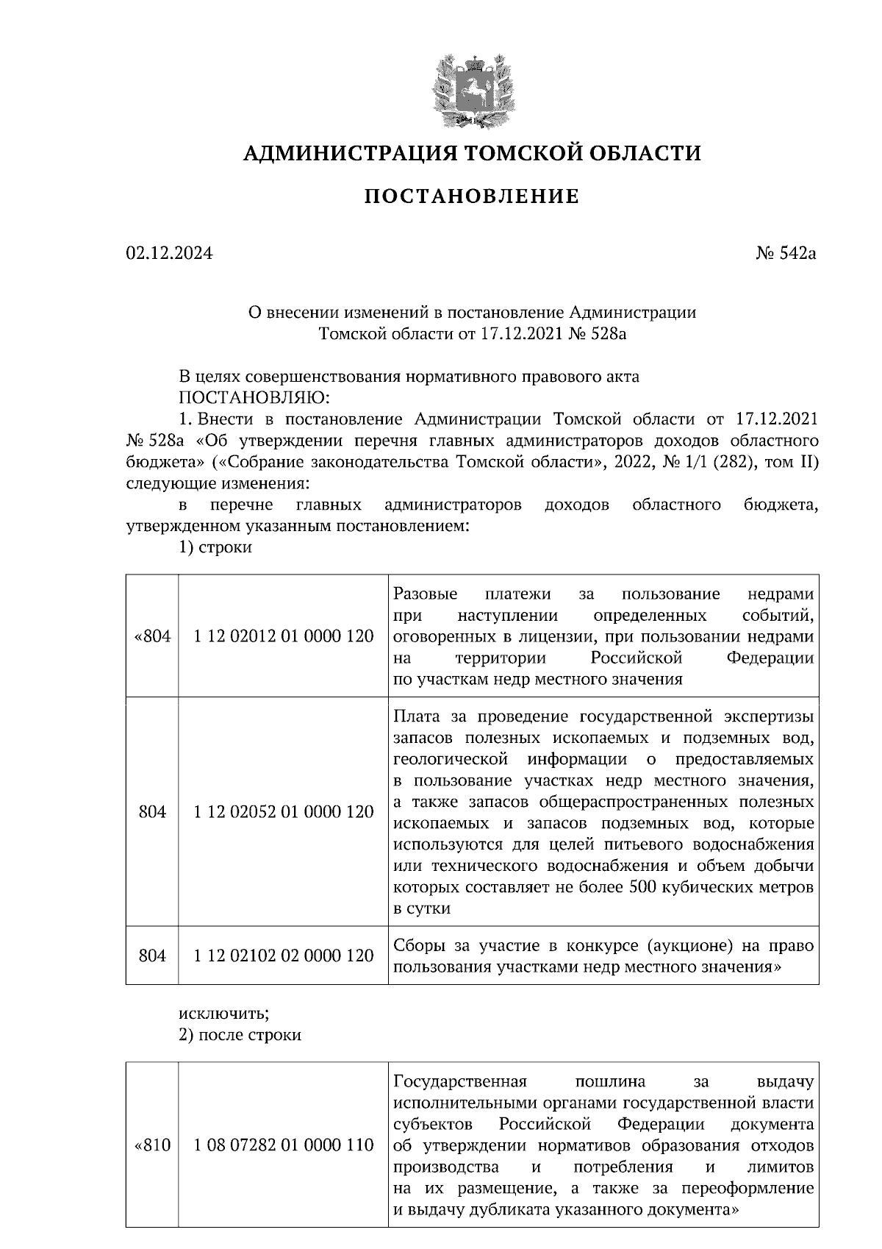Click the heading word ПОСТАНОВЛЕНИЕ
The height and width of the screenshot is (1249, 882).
click(472, 196)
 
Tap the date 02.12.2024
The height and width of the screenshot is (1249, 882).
click(170, 254)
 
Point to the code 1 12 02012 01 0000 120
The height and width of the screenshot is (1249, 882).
click(283, 636)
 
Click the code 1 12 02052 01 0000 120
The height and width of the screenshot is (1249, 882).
click(283, 812)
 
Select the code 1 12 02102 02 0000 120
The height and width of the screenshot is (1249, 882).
click(283, 956)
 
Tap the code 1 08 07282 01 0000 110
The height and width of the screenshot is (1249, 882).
click(283, 1145)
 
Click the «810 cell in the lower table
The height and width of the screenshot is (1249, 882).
click(152, 1145)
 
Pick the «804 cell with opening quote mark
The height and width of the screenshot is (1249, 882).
click(152, 636)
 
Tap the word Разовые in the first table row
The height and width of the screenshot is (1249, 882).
click(426, 594)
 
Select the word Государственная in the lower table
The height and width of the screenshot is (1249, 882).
click(461, 1081)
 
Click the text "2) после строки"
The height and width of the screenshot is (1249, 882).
click(240, 1034)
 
